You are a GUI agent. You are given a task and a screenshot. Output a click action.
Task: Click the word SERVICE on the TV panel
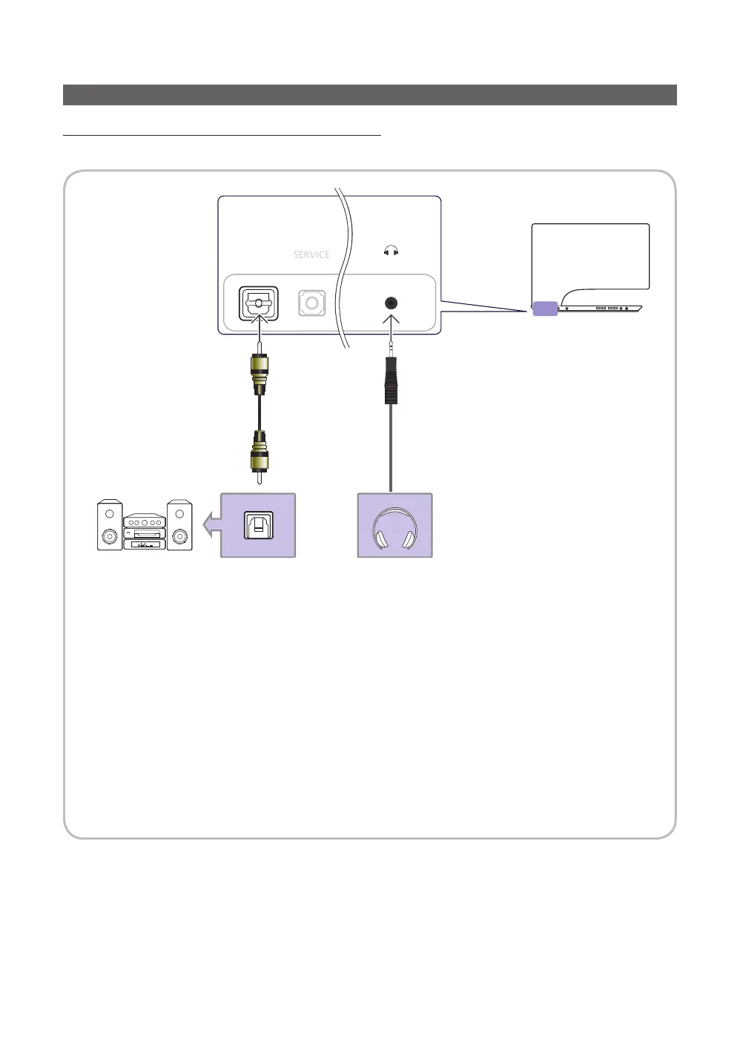(311, 254)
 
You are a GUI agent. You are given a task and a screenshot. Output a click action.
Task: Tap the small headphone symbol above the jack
(392, 251)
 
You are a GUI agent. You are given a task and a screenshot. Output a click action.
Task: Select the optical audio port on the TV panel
(259, 303)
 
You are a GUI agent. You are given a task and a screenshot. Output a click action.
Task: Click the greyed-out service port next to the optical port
(312, 303)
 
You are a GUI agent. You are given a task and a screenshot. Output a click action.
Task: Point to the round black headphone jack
(391, 303)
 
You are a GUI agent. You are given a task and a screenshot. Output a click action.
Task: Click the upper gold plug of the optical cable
(259, 373)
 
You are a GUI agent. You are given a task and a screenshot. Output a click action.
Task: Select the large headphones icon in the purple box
(394, 528)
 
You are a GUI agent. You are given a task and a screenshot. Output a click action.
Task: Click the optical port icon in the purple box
(258, 525)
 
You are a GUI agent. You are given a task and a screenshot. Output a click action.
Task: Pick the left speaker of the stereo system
(110, 525)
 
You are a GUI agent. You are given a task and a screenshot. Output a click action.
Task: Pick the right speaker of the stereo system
(179, 525)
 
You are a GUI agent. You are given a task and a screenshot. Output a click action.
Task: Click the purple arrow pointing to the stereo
(212, 524)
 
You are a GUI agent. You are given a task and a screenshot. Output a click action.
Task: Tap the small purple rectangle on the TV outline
(545, 309)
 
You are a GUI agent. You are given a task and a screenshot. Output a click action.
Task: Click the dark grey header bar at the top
(369, 95)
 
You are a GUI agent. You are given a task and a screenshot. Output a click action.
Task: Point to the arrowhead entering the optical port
(259, 320)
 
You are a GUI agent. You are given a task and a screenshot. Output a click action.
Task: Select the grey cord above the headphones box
(391, 449)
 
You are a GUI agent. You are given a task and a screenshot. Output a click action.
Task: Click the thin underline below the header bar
(222, 136)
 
